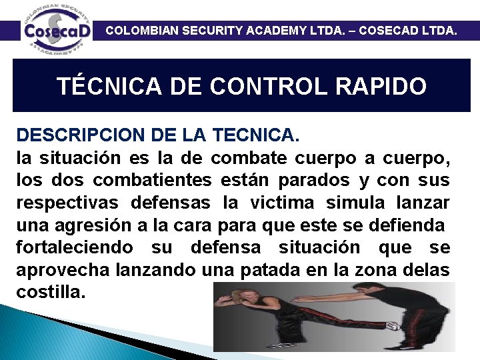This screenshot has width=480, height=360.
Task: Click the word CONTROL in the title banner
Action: coord(265,87)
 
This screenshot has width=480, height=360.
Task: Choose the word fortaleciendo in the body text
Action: coord(74,247)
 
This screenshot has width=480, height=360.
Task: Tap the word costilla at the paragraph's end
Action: coord(51,292)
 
